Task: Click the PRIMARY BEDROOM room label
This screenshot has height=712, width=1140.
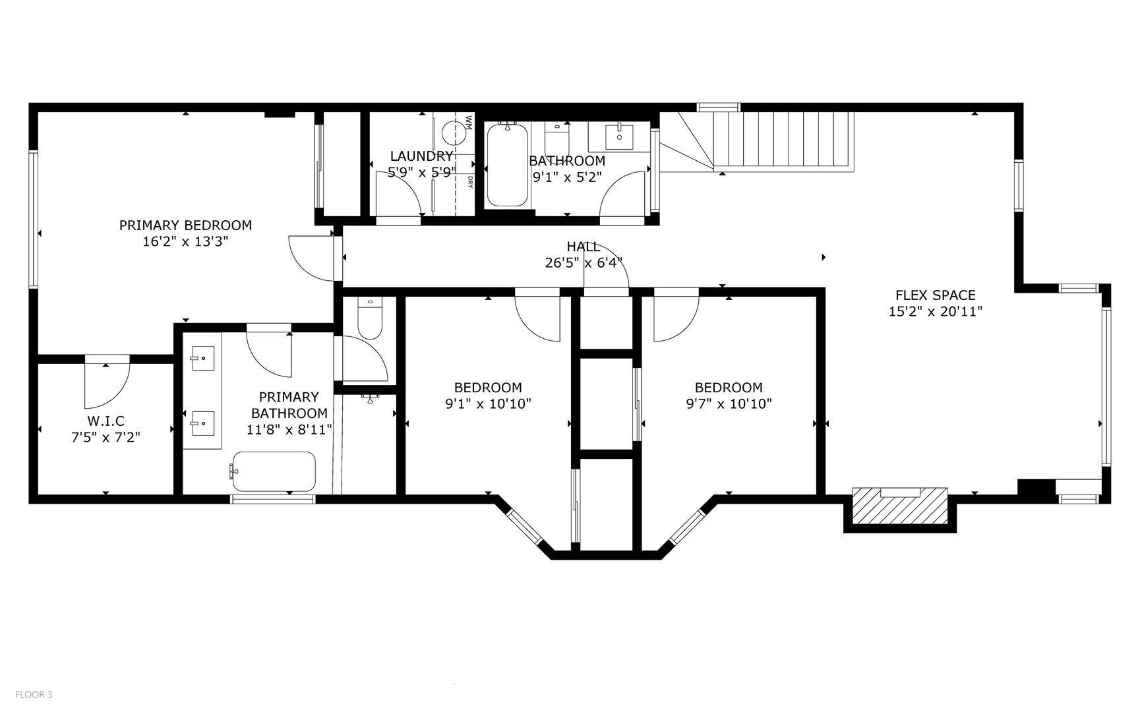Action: [185, 225]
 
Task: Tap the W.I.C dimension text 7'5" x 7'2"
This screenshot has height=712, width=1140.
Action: [105, 436]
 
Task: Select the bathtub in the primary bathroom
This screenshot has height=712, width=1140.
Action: [274, 471]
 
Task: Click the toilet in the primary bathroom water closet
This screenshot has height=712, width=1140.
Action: [370, 318]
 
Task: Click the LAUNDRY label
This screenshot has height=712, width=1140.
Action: [421, 156]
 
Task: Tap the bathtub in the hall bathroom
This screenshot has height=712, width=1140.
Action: [506, 166]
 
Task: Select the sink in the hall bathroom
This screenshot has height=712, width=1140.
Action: [619, 137]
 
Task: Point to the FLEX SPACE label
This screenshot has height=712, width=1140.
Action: [935, 295]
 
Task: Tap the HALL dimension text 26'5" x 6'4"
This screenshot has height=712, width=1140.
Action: [584, 263]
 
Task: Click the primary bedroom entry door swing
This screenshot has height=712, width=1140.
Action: [312, 258]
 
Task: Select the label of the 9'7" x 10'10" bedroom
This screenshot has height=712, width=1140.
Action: [729, 388]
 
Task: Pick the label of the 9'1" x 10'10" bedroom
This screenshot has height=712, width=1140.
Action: [488, 388]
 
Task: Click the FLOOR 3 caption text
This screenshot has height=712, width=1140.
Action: [34, 694]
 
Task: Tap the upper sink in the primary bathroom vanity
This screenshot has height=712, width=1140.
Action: [202, 359]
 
